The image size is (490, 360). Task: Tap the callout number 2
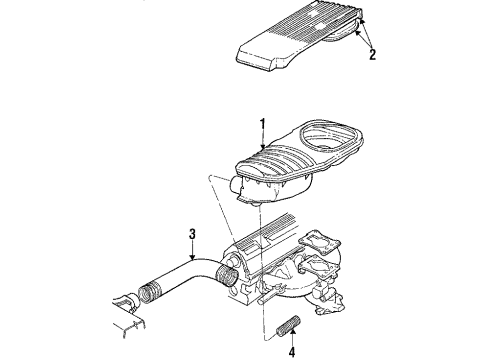[373, 55]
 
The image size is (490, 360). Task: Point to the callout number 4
[293, 351]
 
